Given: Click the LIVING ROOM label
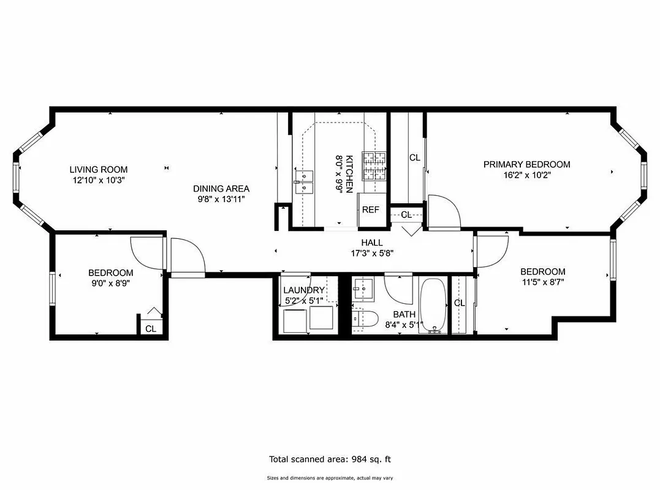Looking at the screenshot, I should (x=99, y=170).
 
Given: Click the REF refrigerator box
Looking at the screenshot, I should (x=370, y=209).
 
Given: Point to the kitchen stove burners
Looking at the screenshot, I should (x=374, y=166).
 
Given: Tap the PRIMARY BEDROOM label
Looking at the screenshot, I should (x=526, y=164).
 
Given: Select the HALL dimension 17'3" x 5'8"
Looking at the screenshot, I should (x=371, y=252).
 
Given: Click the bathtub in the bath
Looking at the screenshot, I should (x=434, y=306).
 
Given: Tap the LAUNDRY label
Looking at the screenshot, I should (x=303, y=290).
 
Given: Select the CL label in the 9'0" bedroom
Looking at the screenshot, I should (x=151, y=329).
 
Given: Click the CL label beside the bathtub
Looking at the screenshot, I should (x=459, y=303).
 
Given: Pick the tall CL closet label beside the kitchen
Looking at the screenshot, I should (x=415, y=157).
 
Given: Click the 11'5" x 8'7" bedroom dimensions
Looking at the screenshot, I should (x=542, y=282).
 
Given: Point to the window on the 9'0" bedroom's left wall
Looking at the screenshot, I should (x=52, y=287).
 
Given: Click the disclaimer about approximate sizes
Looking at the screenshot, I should (x=330, y=478).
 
